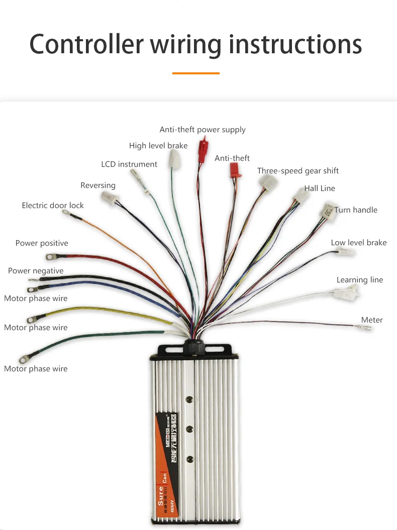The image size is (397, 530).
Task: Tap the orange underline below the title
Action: tap(195, 73)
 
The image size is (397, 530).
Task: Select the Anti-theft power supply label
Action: tap(203, 130)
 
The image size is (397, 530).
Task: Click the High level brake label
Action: tap(158, 146)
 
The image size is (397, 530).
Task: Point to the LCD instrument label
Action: tap(129, 164)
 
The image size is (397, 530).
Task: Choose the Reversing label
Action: tap(98, 185)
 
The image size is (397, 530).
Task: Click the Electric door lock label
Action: tap(53, 205)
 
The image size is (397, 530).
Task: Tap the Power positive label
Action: tap(42, 243)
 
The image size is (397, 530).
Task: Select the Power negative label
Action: tap(36, 271)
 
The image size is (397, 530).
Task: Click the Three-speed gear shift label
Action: tap(298, 171)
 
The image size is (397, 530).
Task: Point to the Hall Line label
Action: tap(320, 188)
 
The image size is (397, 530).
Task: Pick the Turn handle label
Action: tap(356, 210)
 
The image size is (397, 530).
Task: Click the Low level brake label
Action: tap(359, 243)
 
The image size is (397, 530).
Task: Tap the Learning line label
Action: tap(360, 280)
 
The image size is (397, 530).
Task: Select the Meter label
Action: tap(372, 320)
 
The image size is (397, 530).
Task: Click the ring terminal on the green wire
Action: tap(24, 359)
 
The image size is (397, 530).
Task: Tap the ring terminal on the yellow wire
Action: tap(31, 319)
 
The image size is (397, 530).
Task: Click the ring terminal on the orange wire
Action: tap(66, 213)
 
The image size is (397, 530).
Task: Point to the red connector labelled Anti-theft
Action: tap(235, 170)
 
